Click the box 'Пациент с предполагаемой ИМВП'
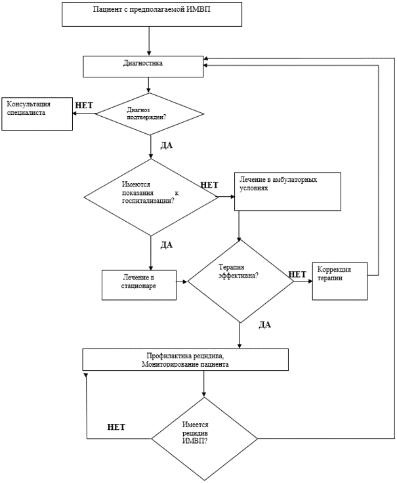152,14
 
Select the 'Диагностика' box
143,66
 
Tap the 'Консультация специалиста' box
37,114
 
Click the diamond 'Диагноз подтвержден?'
150,114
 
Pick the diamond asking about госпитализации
151,197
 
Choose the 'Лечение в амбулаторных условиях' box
287,192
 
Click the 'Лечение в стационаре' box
139,285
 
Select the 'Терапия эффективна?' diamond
240,282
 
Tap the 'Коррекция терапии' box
340,281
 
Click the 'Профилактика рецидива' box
186,360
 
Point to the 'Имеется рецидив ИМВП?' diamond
204,438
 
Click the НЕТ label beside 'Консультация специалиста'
84,106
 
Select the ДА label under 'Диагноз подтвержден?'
166,146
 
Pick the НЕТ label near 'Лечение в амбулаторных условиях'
209,185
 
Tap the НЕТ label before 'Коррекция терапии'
297,274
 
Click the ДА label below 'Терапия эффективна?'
264,325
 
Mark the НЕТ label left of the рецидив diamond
116,427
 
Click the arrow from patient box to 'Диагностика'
149,41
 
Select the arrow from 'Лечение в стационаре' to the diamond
182,282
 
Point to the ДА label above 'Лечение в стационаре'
166,245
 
